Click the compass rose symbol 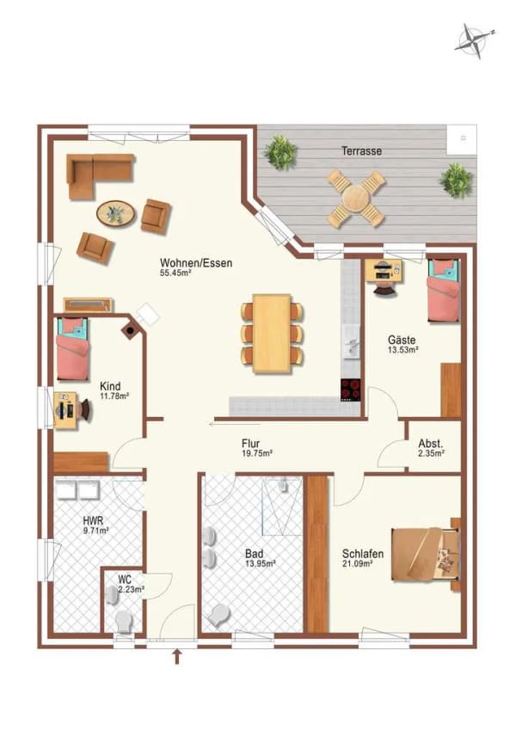[x=474, y=40]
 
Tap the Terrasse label [x=361, y=151]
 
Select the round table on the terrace [x=356, y=198]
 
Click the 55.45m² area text [x=175, y=272]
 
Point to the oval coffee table [x=115, y=213]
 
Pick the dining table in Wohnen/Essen [x=272, y=334]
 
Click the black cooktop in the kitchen [x=351, y=389]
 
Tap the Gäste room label [x=402, y=340]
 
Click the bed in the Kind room [x=73, y=349]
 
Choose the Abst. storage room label [x=431, y=444]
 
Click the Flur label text [x=251, y=443]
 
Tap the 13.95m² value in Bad [x=260, y=563]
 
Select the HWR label [x=93, y=520]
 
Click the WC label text [x=125, y=580]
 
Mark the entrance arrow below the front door [x=177, y=657]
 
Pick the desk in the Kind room [x=65, y=410]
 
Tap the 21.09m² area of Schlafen [x=357, y=564]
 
